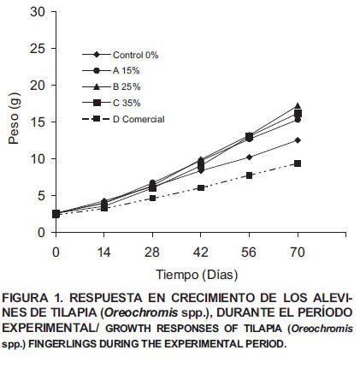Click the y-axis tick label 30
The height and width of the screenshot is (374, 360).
(x=38, y=12)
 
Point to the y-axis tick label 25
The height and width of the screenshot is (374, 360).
(x=38, y=49)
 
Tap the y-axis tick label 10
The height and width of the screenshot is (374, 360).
(x=38, y=159)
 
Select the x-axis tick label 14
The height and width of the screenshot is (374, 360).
(x=103, y=252)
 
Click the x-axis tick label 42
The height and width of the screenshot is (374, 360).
(x=201, y=252)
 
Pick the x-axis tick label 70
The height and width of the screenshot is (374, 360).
(x=298, y=252)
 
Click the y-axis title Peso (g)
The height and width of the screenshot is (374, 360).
(x=14, y=118)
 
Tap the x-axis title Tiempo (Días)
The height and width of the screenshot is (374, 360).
(x=197, y=275)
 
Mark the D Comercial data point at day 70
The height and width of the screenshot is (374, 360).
(x=298, y=163)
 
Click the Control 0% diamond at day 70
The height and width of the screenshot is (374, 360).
(x=298, y=140)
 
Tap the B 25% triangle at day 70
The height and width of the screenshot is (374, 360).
(x=298, y=105)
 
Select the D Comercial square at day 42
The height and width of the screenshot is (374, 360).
(x=201, y=187)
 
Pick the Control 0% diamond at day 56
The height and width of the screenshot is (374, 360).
(x=249, y=157)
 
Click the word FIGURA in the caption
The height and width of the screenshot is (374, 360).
(x=25, y=298)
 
